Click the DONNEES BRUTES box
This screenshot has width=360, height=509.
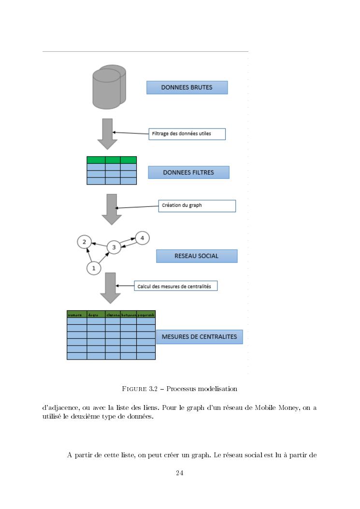tap(187, 87)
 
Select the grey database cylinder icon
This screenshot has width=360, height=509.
tap(109, 87)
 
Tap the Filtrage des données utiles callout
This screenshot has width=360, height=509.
tap(187, 133)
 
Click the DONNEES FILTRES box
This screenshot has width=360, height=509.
tap(188, 173)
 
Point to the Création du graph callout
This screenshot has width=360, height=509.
tap(197, 205)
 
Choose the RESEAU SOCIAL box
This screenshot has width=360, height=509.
tap(197, 256)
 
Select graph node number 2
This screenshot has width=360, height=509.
tap(84, 242)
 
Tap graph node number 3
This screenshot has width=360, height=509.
tap(114, 247)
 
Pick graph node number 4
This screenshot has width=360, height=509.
tap(142, 238)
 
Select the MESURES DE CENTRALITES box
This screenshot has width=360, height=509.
tap(199, 337)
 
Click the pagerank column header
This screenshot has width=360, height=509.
tap(146, 314)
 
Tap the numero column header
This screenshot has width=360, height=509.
tap(76, 314)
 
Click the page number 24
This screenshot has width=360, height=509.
tap(179, 473)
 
